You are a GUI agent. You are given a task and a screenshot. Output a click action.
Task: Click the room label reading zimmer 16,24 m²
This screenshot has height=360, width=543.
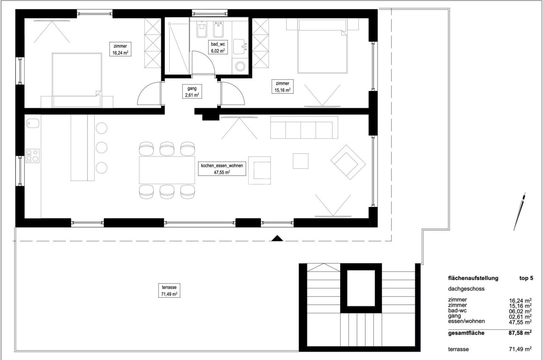(120, 50)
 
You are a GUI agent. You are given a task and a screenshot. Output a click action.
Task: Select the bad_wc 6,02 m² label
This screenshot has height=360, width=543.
(218, 47)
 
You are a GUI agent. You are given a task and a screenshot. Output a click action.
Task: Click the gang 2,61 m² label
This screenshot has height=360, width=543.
(192, 92)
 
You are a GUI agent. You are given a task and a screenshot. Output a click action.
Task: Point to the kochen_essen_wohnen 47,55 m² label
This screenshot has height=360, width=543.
(222, 169)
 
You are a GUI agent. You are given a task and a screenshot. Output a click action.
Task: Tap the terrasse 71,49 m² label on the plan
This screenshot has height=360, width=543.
(169, 290)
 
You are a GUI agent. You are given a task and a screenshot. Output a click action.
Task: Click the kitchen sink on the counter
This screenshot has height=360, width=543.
(32, 123)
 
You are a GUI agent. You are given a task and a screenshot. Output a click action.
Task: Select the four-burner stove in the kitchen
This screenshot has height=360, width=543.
(33, 156)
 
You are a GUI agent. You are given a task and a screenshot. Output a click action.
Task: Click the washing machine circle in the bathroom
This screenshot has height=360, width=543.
(241, 67)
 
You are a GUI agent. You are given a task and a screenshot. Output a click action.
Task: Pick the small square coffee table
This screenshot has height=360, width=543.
(301, 161)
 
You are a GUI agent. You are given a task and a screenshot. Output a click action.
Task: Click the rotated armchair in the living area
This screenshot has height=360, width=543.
(348, 162)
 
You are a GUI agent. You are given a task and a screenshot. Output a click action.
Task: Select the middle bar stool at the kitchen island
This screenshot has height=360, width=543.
(101, 147)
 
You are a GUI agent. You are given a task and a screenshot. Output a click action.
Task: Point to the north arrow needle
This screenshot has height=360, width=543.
(520, 212)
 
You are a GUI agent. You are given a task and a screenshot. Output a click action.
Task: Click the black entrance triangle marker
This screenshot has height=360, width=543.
(277, 238)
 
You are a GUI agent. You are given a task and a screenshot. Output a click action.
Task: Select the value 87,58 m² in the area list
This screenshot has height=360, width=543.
(520, 333)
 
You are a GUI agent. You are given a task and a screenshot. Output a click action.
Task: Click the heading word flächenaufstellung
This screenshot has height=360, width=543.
(473, 279)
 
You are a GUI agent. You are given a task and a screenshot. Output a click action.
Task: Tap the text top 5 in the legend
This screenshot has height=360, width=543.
(526, 279)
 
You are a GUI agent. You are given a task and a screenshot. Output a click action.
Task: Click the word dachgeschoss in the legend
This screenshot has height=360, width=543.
(466, 289)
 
